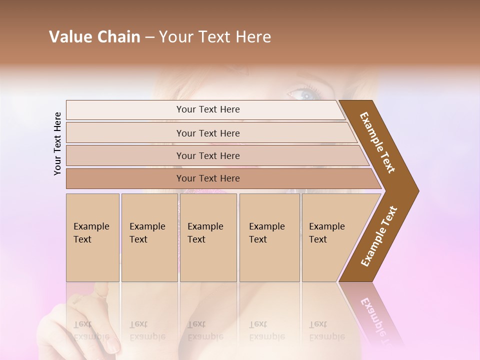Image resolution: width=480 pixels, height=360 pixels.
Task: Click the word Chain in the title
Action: tap(118, 37)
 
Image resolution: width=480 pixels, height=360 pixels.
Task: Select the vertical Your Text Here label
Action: tap(57, 143)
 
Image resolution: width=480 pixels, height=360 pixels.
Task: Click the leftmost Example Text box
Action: tap(92, 237)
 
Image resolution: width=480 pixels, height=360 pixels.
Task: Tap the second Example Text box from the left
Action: tap(149, 237)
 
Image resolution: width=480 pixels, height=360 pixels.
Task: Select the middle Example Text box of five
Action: tap(208, 237)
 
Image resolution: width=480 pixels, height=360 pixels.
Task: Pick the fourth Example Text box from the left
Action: tap(269, 237)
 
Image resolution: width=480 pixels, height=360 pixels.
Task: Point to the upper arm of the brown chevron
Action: tap(377, 142)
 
